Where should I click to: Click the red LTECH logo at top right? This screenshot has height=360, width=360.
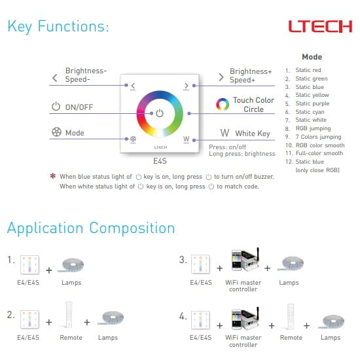320,26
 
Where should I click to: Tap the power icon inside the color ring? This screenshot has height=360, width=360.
160,113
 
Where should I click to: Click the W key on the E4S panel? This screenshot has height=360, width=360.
186,139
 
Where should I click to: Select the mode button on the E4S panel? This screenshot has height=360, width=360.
133,139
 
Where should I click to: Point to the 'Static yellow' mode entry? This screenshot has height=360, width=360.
312,95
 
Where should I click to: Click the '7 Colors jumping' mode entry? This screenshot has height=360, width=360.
318,137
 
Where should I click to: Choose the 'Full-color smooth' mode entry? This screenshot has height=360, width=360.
319,153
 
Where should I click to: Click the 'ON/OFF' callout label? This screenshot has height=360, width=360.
79,107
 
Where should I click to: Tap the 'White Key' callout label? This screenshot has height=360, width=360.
253,134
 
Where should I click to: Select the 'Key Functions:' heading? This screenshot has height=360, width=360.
58,26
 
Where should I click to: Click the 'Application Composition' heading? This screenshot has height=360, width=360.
91,228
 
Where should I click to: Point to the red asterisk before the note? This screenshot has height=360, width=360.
53,176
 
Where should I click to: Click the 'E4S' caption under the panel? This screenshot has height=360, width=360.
160,161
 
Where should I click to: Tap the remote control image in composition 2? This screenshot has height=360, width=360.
69,315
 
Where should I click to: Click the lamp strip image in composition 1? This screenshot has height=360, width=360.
72,265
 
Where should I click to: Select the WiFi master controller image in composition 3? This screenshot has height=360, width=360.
245,260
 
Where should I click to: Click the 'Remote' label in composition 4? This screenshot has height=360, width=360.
291,338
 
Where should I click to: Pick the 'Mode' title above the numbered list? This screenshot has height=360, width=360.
312,57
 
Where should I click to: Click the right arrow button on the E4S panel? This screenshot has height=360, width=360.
187,86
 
